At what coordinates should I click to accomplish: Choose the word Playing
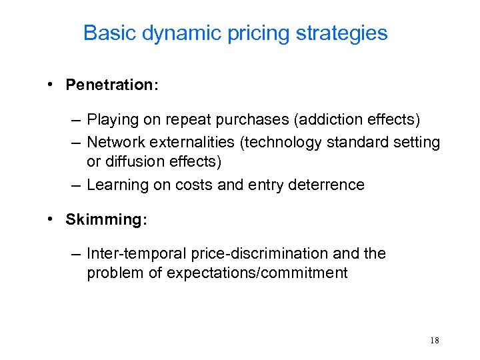[x=110, y=121]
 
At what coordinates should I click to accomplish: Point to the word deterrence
[x=328, y=185]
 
